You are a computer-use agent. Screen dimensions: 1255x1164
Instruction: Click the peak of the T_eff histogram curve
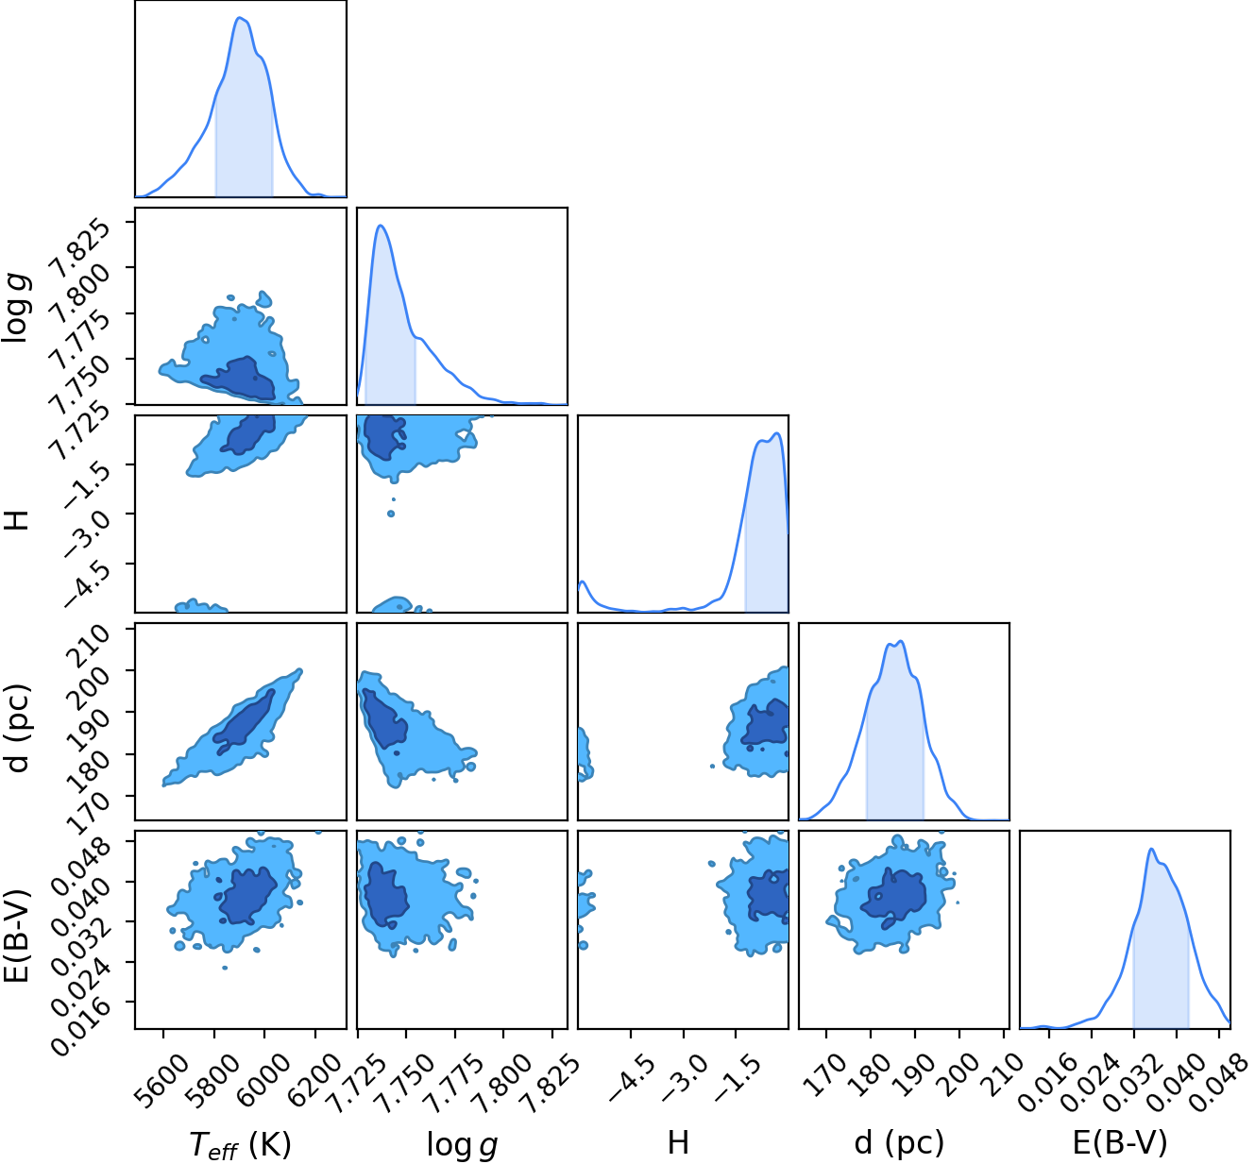point(240,18)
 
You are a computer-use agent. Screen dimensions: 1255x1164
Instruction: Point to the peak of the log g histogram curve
point(381,226)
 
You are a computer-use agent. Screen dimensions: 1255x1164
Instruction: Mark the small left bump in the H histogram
point(583,582)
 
